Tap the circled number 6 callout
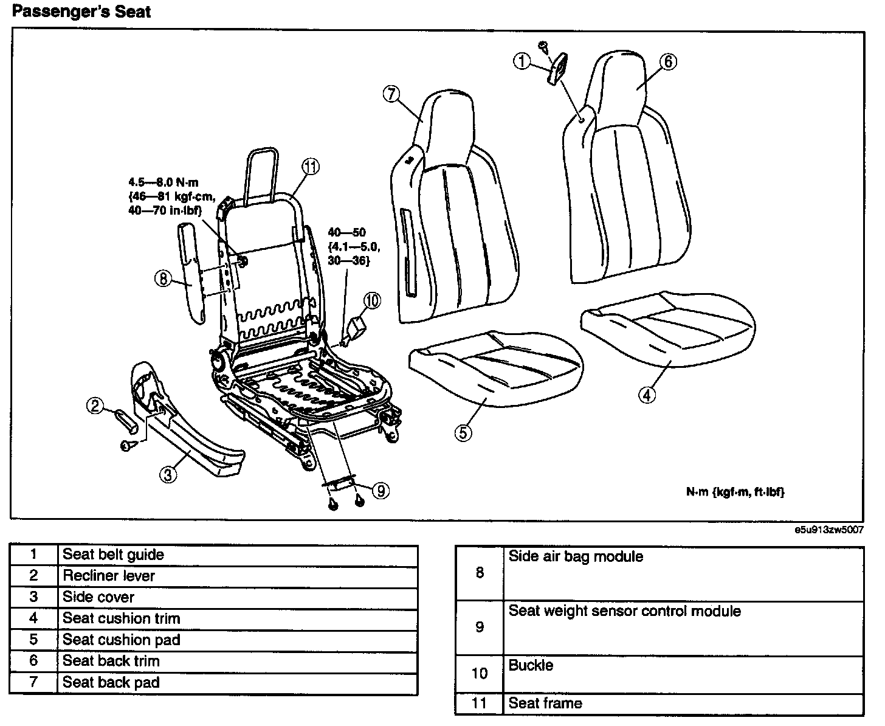pyautogui.click(x=667, y=61)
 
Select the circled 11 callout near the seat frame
pyautogui.click(x=311, y=166)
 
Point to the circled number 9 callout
pyautogui.click(x=381, y=490)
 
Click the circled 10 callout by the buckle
pyautogui.click(x=372, y=300)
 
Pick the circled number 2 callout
pyautogui.click(x=95, y=405)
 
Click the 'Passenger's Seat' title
pyautogui.click(x=81, y=12)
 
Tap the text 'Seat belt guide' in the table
pyautogui.click(x=113, y=555)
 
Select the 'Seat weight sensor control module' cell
pyautogui.click(x=624, y=611)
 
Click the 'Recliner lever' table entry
pyautogui.click(x=109, y=576)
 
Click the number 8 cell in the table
pyautogui.click(x=480, y=573)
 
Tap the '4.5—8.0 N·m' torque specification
pyautogui.click(x=164, y=182)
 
